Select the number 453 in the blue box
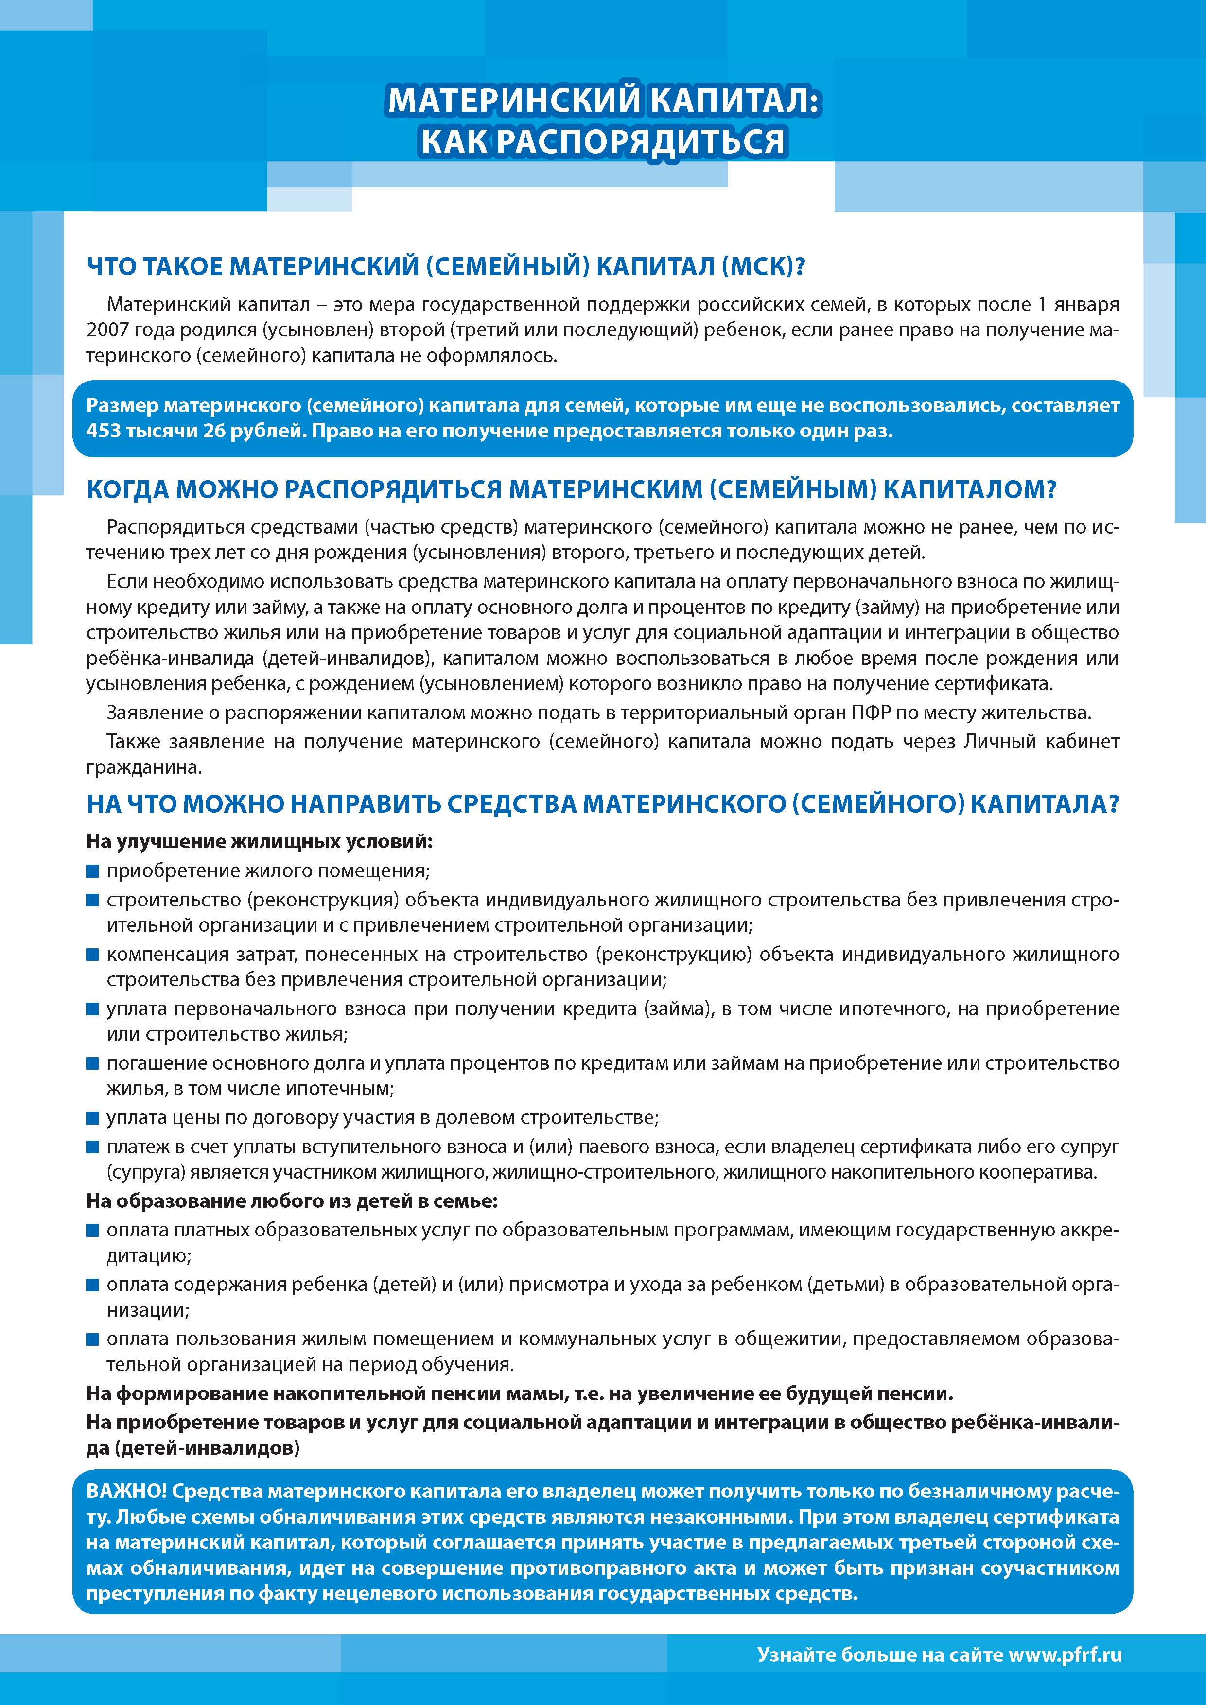click(103, 432)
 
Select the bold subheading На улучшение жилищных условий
click(259, 842)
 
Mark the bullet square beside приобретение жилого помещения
click(93, 871)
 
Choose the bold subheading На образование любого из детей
click(292, 1201)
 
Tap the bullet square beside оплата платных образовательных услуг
click(93, 1231)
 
